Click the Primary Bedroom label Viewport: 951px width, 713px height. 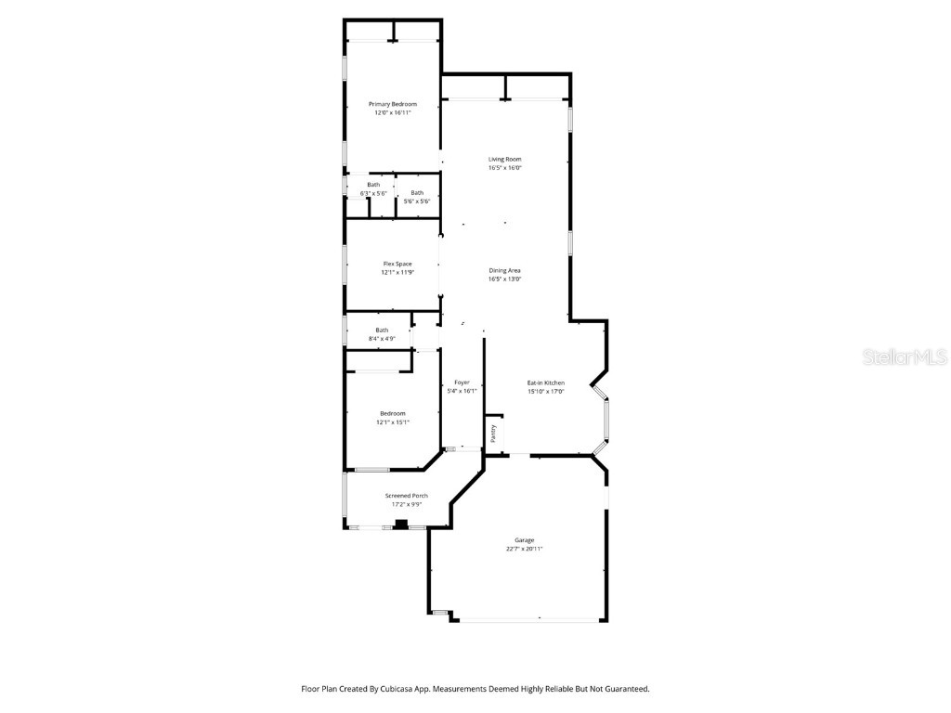392,104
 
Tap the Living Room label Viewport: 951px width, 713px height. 504,160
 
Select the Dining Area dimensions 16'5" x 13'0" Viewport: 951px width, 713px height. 504,279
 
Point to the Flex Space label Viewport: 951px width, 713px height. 397,264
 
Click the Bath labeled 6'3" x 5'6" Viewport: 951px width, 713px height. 372,185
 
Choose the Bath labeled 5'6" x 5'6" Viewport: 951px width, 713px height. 417,193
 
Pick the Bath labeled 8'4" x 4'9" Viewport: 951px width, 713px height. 382,331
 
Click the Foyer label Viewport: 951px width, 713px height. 462,382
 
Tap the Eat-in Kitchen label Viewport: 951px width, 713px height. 546,382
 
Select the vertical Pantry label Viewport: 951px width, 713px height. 493,433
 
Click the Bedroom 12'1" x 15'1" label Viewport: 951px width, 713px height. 392,413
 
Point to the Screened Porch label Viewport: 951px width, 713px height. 406,496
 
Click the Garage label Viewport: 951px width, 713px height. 525,540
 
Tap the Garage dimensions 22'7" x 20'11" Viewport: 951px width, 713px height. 525,549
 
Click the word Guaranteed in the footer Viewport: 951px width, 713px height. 626,689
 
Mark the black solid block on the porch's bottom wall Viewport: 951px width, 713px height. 401,525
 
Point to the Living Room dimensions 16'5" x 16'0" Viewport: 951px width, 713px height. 504,168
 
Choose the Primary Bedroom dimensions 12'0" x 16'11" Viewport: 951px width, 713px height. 392,112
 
